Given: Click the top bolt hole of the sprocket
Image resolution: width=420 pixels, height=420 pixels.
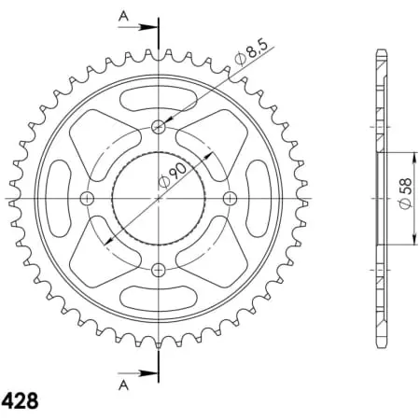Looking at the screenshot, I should (158, 127).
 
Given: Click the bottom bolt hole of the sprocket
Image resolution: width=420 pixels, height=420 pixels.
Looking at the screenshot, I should (158, 270).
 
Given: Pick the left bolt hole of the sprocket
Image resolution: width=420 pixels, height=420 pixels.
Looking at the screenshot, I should (87, 198).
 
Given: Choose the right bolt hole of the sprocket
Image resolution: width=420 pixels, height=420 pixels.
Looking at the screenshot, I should (230, 198).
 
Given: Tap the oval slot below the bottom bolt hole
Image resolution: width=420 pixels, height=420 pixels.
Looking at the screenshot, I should (158, 301).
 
